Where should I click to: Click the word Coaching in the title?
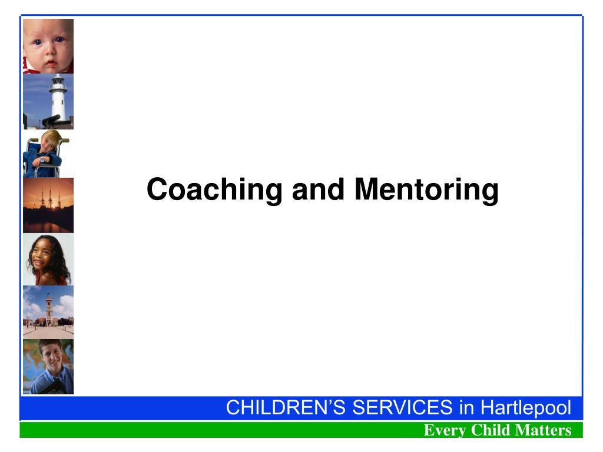(214, 190)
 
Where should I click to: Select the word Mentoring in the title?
(426, 190)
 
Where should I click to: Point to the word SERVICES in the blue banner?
(403, 407)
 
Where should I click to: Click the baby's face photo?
(48, 46)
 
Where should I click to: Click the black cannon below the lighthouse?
(52, 121)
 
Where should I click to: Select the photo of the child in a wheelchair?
(48, 154)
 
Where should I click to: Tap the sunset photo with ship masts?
(48, 205)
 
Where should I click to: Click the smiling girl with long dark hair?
(48, 260)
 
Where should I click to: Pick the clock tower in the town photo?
(49, 310)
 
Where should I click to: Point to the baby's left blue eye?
(59, 39)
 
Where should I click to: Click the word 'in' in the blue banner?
(466, 407)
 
